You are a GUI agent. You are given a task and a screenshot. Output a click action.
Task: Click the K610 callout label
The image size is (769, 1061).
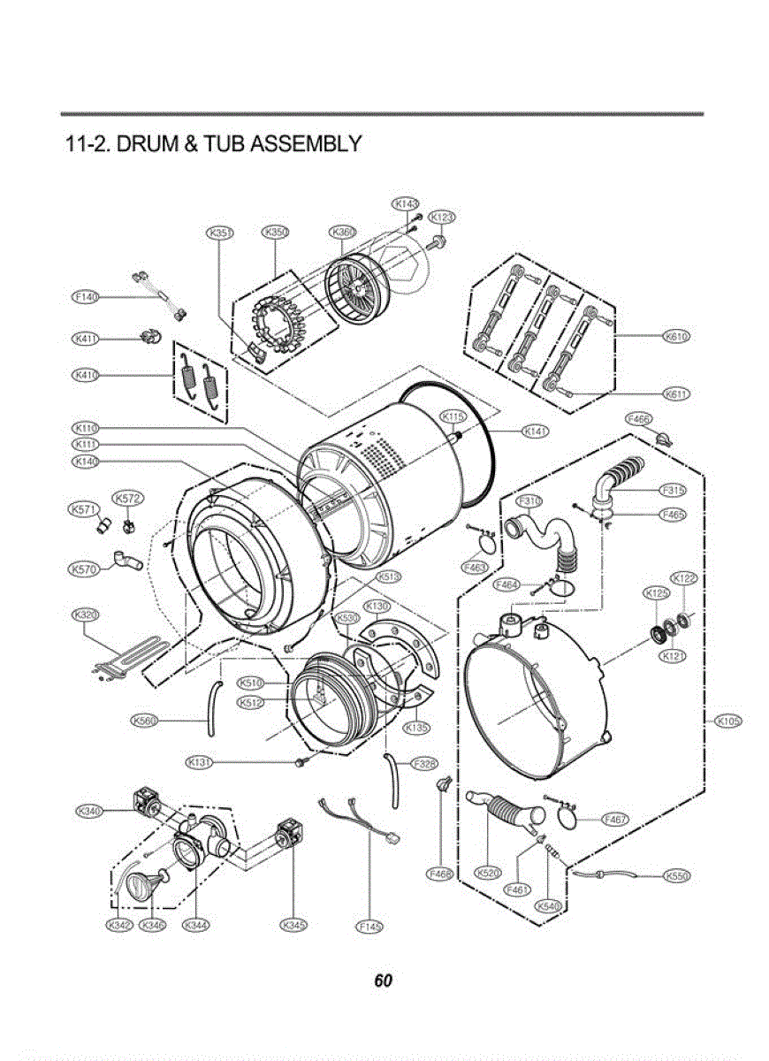[676, 337]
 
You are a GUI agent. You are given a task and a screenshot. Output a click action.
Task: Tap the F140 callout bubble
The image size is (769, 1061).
[85, 297]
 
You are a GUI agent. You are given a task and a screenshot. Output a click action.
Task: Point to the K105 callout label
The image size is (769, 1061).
[727, 721]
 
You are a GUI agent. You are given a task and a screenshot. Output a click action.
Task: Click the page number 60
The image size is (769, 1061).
[383, 981]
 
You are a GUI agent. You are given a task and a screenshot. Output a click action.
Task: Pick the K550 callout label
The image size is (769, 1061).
[676, 876]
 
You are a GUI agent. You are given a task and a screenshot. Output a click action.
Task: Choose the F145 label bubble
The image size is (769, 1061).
[369, 926]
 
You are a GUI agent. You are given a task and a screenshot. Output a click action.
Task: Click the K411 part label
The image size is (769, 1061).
[85, 339]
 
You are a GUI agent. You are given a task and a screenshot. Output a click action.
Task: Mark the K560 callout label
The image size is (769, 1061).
[144, 721]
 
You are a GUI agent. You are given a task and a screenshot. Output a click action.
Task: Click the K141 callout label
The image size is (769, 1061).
[536, 431]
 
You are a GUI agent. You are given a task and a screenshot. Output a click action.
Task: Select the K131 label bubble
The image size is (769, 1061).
[201, 761]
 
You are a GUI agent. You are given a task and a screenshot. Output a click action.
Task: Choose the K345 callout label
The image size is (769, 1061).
[293, 926]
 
